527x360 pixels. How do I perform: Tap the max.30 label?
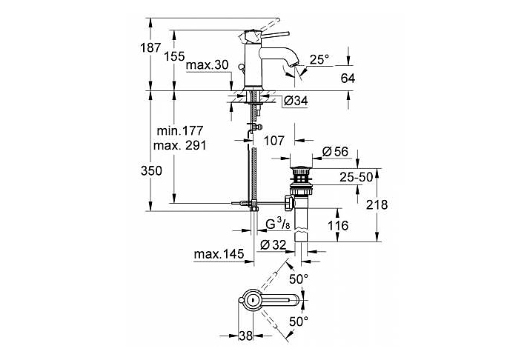(x=207, y=66)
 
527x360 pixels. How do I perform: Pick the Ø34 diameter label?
(x=296, y=101)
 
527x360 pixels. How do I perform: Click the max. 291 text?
(x=179, y=145)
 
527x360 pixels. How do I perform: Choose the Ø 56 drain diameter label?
(x=336, y=152)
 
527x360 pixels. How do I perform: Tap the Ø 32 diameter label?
(x=274, y=244)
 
